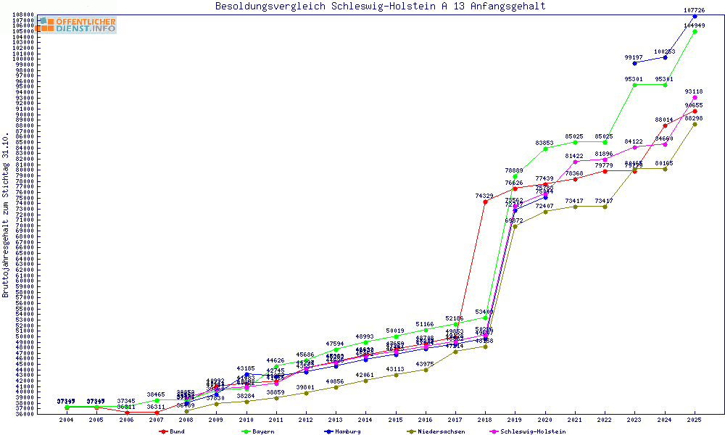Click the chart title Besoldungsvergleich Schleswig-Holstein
380,7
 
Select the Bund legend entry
173,431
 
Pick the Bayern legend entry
258,431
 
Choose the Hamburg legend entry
344,431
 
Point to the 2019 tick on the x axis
515,420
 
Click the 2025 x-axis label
695,420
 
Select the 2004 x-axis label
67,420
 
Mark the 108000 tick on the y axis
21,14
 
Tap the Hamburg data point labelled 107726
695,16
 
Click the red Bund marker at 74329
485,202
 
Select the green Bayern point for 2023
635,85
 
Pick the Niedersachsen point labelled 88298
695,124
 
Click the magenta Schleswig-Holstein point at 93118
695,97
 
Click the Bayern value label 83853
545,143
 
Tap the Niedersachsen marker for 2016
426,370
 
